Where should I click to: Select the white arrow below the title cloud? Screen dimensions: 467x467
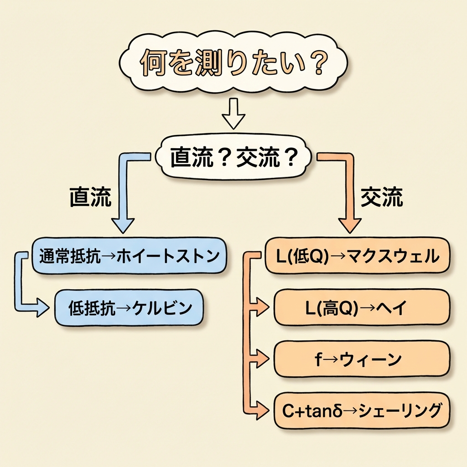pyautogui.click(x=233, y=117)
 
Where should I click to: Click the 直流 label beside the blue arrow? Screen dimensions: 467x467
pyautogui.click(x=90, y=197)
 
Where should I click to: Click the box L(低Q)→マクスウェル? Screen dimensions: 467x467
pyautogui.click(x=358, y=256)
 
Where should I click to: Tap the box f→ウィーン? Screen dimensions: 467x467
pyautogui.click(x=362, y=359)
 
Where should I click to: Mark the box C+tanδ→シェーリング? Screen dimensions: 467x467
pyautogui.click(x=362, y=411)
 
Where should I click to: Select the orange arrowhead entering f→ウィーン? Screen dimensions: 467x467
pyautogui.click(x=264, y=359)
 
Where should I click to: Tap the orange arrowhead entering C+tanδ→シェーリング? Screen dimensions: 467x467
pyautogui.click(x=264, y=411)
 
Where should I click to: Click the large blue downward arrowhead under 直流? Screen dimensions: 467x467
pyautogui.click(x=123, y=223)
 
